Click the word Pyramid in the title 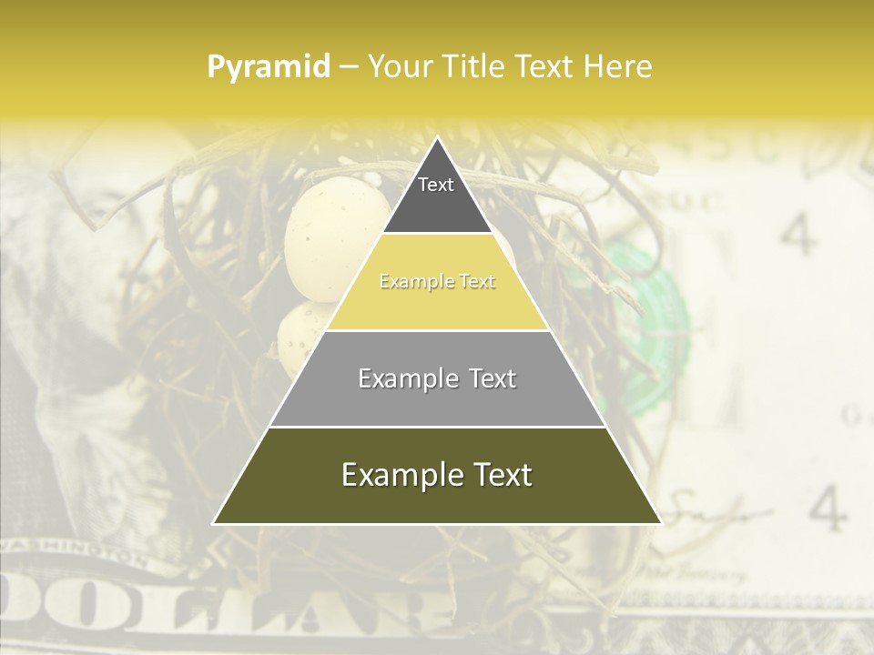[268, 67]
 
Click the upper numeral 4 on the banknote [798, 235]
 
